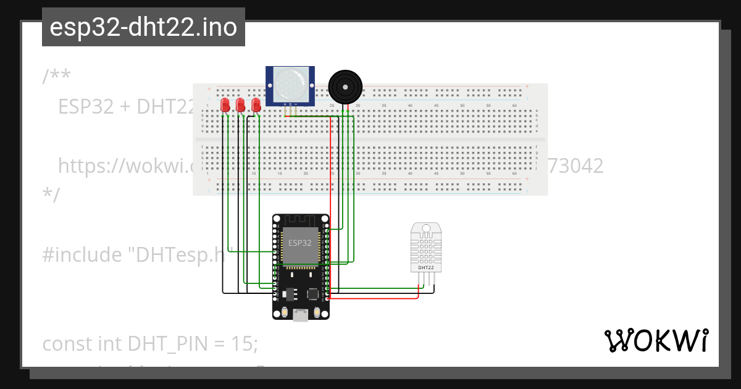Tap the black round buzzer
click(x=345, y=86)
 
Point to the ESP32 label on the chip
click(x=300, y=243)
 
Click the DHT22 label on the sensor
click(x=426, y=268)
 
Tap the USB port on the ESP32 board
click(x=301, y=316)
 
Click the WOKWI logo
click(x=656, y=341)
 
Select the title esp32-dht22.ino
click(x=143, y=27)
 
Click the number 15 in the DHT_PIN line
click(x=245, y=343)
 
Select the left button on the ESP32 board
click(x=283, y=312)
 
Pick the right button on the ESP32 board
click(x=317, y=312)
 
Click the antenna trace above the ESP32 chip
click(x=300, y=220)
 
